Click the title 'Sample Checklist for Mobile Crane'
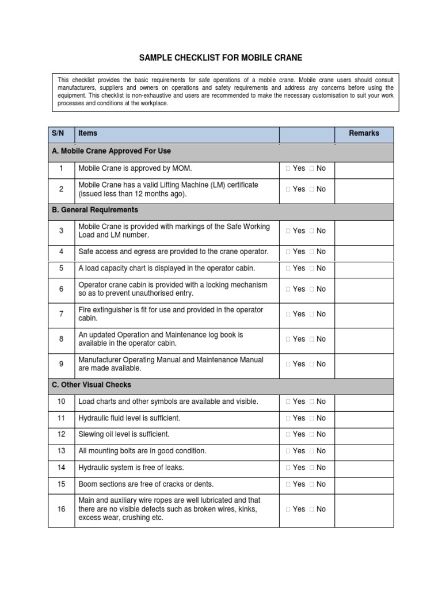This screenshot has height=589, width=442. (220, 58)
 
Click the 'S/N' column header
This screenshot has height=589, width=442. (58, 133)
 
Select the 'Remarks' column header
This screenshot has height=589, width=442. (364, 133)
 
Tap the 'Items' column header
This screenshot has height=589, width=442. (88, 133)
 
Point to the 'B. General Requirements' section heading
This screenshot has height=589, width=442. (95, 210)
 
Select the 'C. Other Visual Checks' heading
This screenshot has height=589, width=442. (92, 385)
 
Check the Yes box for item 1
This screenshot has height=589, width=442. (288, 169)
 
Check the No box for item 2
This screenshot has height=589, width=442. (311, 189)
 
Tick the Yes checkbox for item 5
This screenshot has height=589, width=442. (288, 269)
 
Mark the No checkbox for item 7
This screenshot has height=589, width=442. (311, 314)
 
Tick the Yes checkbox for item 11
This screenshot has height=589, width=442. (288, 418)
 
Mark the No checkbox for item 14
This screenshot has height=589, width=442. (311, 468)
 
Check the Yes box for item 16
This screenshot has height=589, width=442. (288, 509)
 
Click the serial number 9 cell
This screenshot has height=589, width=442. (61, 364)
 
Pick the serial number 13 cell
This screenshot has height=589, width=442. (61, 451)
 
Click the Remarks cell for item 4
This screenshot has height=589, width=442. (364, 252)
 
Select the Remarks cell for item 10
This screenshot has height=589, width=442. (364, 401)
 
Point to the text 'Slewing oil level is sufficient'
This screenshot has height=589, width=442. (124, 435)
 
